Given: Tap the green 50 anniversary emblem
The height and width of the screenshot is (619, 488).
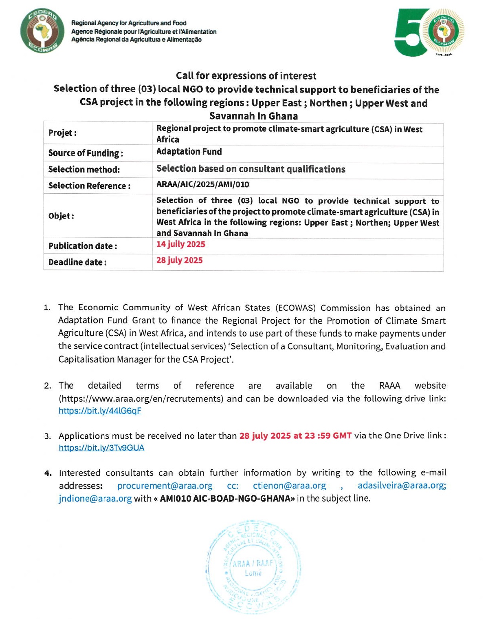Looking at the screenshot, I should click(x=429, y=32).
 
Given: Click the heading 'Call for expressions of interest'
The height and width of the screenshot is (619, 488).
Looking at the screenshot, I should click(x=246, y=76).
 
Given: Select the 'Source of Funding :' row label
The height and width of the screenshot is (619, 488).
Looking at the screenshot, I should click(x=86, y=153).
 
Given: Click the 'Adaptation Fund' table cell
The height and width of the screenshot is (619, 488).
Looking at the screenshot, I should click(x=189, y=152).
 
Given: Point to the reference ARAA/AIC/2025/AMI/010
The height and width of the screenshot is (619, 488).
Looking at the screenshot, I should click(x=202, y=184).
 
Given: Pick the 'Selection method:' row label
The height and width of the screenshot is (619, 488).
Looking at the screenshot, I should click(x=84, y=169).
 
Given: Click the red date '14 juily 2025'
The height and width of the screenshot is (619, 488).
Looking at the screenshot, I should click(x=180, y=244).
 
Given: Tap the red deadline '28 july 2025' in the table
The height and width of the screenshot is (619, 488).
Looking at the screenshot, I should click(x=179, y=260).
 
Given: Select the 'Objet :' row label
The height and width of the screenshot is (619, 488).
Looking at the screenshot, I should click(x=61, y=216).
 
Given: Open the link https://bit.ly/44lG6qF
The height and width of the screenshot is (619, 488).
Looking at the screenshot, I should click(x=100, y=411).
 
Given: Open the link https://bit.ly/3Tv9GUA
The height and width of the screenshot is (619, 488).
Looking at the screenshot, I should click(x=101, y=448).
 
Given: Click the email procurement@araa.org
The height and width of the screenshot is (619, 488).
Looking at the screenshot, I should click(x=165, y=486).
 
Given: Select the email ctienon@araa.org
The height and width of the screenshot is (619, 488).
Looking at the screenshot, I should click(x=289, y=486).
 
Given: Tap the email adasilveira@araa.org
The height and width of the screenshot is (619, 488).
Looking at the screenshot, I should click(x=402, y=486).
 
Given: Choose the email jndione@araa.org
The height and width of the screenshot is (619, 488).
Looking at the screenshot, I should click(x=95, y=498).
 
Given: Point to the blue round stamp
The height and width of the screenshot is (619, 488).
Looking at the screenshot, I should click(x=253, y=567).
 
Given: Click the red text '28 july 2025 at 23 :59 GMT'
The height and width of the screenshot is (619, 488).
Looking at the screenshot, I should click(x=295, y=436).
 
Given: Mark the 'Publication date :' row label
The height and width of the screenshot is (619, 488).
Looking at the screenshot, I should click(x=83, y=246).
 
